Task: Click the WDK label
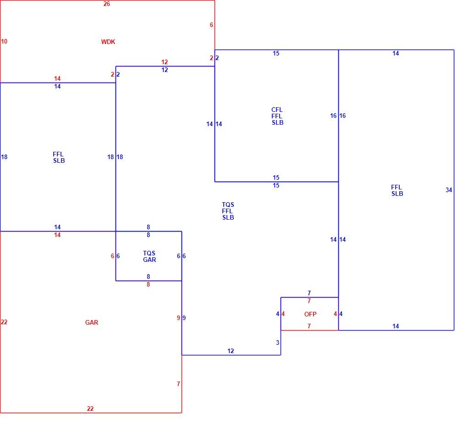tap(108, 42)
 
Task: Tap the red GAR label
tap(92, 323)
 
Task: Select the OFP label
tap(310, 314)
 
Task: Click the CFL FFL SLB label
tap(277, 116)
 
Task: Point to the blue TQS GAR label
tap(149, 256)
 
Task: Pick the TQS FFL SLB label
tap(228, 211)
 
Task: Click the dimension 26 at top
tap(107, 4)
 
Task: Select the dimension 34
tap(449, 190)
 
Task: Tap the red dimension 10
tap(4, 41)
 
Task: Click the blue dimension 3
tap(277, 343)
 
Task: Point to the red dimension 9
tap(178, 318)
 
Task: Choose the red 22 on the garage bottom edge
tap(90, 409)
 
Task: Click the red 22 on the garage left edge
tap(4, 322)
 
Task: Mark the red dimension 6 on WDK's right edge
tap(211, 25)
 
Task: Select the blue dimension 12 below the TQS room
tap(231, 351)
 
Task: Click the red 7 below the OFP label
tap(309, 326)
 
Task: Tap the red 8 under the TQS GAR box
tap(148, 284)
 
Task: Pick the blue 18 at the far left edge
tap(4, 157)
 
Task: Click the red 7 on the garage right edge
tap(178, 384)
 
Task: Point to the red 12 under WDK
tap(165, 62)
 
